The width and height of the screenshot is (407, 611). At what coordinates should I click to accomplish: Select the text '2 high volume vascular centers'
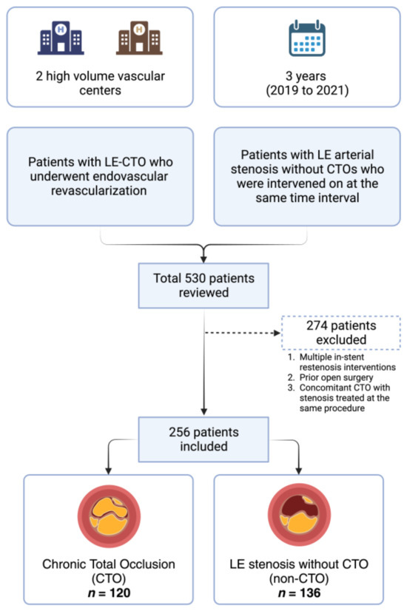101,83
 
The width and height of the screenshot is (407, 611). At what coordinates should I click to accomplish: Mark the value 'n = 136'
299,590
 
